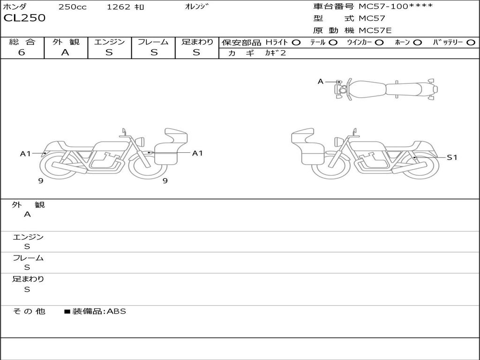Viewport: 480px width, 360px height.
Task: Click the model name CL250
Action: pyautogui.click(x=24, y=18)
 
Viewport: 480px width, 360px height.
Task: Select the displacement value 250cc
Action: pyautogui.click(x=73, y=7)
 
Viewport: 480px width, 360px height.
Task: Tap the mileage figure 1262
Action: pyautogui.click(x=119, y=7)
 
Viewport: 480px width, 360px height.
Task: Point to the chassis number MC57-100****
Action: pyautogui.click(x=396, y=6)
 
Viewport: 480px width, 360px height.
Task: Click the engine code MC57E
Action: pyautogui.click(x=375, y=30)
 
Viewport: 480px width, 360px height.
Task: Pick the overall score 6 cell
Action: pyautogui.click(x=22, y=52)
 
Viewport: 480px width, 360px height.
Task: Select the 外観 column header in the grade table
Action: pyautogui.click(x=66, y=42)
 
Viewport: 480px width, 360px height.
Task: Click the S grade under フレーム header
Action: pyautogui.click(x=154, y=52)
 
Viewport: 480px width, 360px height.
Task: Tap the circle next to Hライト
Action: pyautogui.click(x=296, y=43)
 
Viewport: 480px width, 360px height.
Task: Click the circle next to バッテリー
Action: pyautogui.click(x=471, y=43)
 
